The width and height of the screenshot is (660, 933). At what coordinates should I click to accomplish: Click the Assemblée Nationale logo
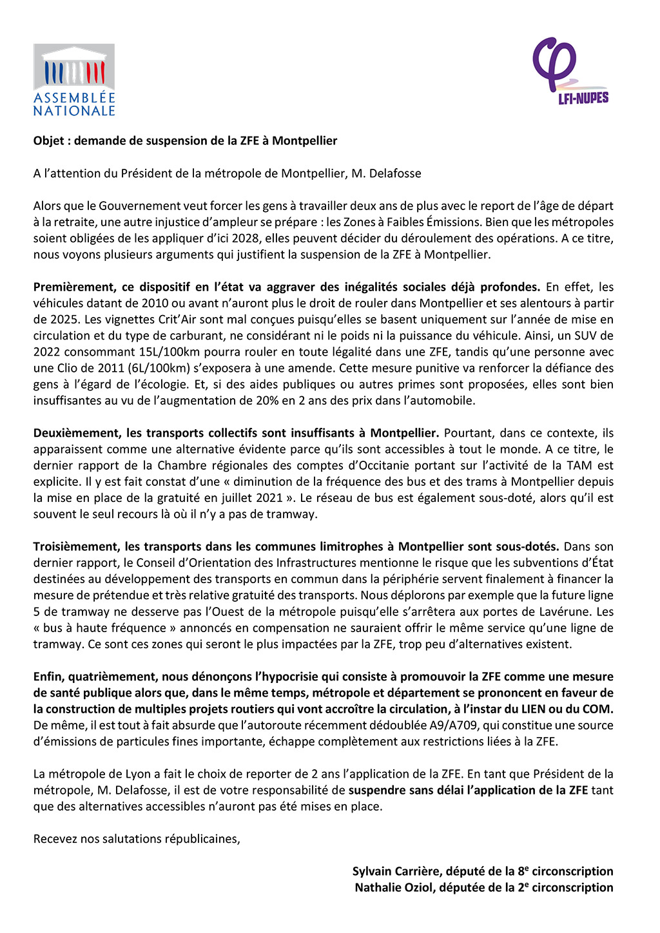pyautogui.click(x=74, y=80)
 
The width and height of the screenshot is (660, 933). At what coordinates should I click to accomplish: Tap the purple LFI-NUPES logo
pyautogui.click(x=570, y=71)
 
